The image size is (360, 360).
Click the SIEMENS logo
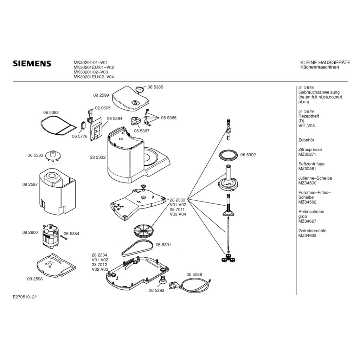click(x=32, y=64)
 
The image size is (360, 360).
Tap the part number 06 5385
click(x=155, y=86)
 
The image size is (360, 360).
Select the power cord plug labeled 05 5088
click(x=174, y=284)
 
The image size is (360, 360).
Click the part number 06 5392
click(x=248, y=155)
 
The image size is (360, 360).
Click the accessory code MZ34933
click(x=307, y=236)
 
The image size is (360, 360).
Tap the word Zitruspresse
click(x=310, y=149)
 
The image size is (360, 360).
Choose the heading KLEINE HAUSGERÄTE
click(x=325, y=63)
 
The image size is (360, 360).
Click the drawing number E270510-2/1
click(x=25, y=297)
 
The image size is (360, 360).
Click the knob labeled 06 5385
click(x=140, y=88)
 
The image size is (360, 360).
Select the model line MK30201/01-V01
click(x=93, y=63)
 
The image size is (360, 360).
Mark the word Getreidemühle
click(x=312, y=231)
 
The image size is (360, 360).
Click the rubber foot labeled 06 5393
click(x=163, y=280)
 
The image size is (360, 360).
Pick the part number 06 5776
click(x=79, y=136)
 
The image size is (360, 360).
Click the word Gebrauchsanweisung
click(x=319, y=92)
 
